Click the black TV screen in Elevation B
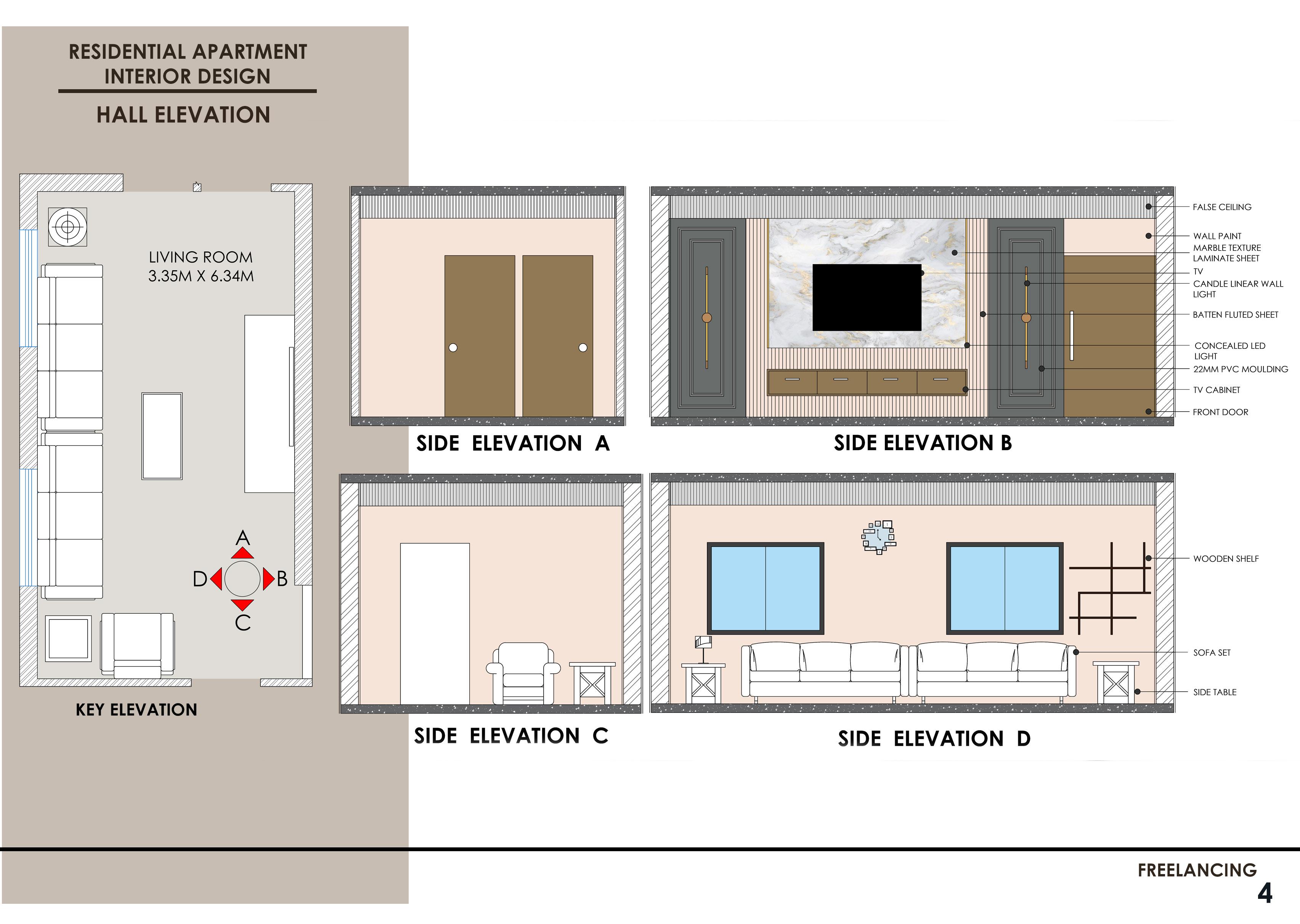867,297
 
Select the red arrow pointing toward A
243,553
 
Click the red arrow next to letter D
216,579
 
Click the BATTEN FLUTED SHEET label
1235,314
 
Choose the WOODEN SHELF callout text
1226,559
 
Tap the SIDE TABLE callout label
1215,692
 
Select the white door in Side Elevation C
435,623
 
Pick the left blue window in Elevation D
765,588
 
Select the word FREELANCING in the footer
1197,870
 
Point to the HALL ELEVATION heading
183,115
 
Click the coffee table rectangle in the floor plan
162,436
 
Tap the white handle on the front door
1072,336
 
